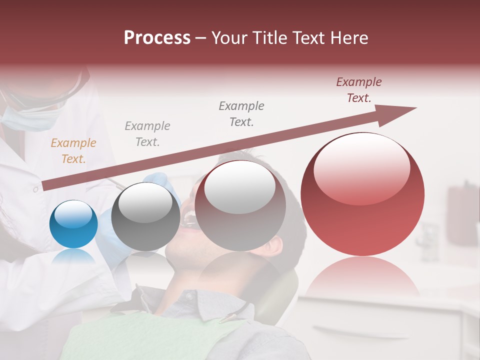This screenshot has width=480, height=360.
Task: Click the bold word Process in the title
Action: click(x=157, y=38)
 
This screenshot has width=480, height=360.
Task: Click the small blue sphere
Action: click(x=73, y=224)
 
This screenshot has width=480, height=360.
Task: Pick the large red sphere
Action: click(x=362, y=194)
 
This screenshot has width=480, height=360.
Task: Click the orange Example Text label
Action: click(x=73, y=151)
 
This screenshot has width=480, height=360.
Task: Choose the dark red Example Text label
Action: click(x=358, y=90)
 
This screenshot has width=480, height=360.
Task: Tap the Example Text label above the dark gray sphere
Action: click(x=147, y=134)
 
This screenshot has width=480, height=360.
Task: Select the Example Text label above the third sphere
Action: click(x=241, y=113)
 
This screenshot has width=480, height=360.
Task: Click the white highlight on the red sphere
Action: click(x=361, y=169)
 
